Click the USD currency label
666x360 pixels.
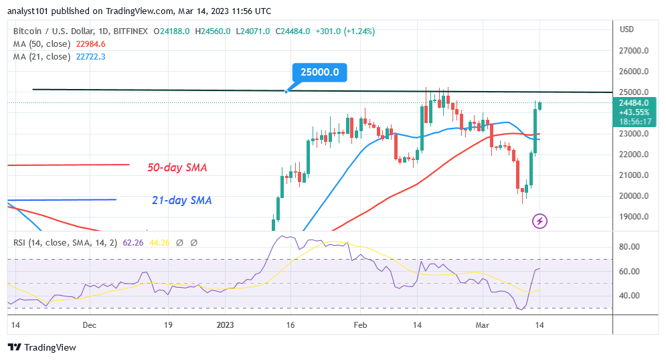coord(627,29)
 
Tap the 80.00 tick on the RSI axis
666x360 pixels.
coord(630,247)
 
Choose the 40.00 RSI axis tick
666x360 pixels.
coord(630,295)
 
